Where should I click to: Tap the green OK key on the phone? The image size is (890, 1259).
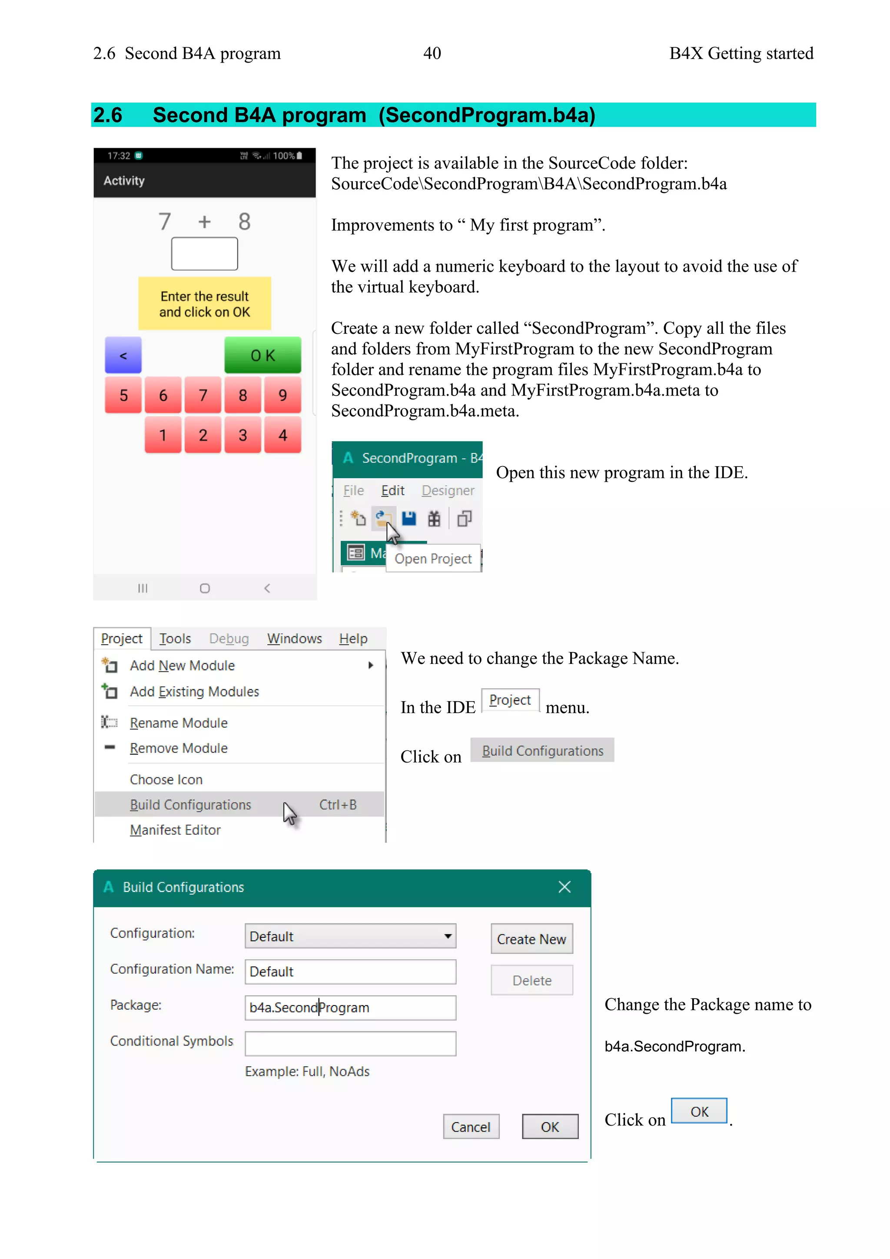pos(262,355)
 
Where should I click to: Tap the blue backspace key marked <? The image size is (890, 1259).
pos(123,355)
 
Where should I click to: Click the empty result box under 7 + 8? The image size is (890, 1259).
pos(204,254)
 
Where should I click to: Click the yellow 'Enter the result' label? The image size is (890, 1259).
pos(204,304)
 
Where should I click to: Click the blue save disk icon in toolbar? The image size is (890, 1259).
pos(409,518)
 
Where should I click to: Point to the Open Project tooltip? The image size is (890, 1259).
pos(433,559)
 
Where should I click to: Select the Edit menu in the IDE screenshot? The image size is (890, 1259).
pos(392,490)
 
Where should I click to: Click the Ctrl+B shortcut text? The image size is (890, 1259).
pos(338,804)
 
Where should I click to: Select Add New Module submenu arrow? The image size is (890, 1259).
pos(371,665)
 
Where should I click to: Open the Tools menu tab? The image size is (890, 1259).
pos(175,638)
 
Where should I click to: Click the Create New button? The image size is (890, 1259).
pos(531,939)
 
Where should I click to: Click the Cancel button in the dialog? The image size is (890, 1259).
pos(471,1127)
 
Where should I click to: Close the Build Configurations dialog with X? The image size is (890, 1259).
pos(565,887)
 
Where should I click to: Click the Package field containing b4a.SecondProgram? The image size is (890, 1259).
pos(350,1007)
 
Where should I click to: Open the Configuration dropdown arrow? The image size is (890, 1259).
pos(448,936)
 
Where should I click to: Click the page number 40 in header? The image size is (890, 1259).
pos(432,53)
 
